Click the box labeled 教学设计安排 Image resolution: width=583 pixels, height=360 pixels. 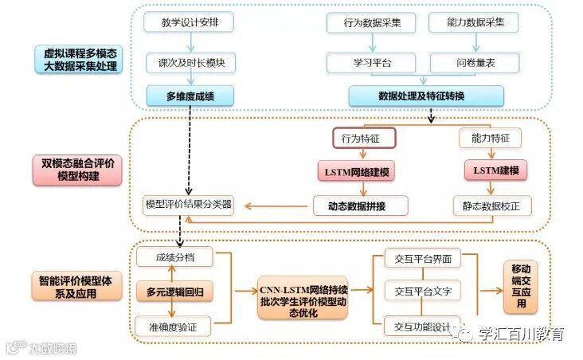(x=189, y=22)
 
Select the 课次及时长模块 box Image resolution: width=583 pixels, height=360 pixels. (x=189, y=62)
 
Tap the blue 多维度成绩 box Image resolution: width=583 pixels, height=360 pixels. (x=189, y=96)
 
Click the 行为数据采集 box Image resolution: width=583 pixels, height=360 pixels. (x=371, y=22)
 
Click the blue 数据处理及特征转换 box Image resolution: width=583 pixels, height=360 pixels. (x=426, y=96)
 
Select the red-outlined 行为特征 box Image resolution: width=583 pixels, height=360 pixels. (x=363, y=139)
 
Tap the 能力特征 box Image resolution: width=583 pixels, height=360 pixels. (x=490, y=139)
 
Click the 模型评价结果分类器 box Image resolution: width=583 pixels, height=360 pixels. (x=189, y=205)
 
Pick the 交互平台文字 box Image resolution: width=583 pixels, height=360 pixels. (x=423, y=292)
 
